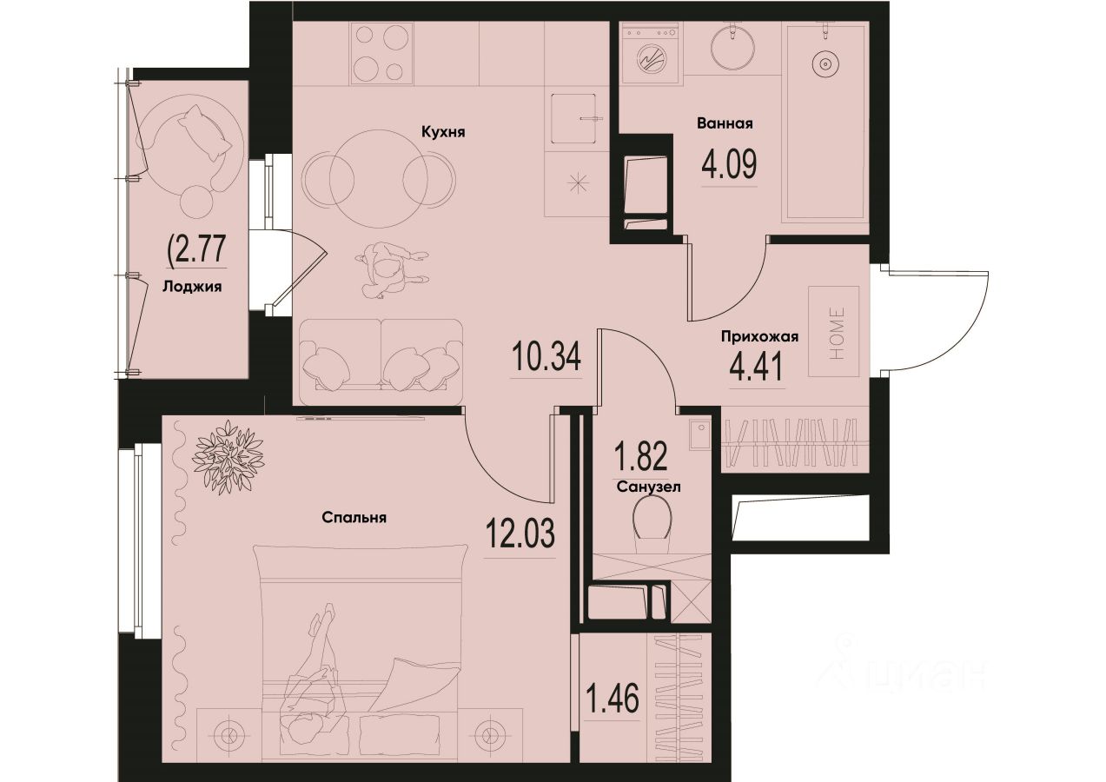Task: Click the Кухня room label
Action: click(443, 133)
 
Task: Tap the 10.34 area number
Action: click(546, 357)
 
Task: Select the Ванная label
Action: click(725, 123)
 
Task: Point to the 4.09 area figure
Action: click(728, 162)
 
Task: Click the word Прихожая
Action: click(758, 336)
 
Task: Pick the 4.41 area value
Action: click(756, 367)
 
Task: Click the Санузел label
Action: click(647, 487)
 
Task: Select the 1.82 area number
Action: click(641, 455)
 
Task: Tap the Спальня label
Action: click(354, 517)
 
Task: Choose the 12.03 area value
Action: click(519, 531)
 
